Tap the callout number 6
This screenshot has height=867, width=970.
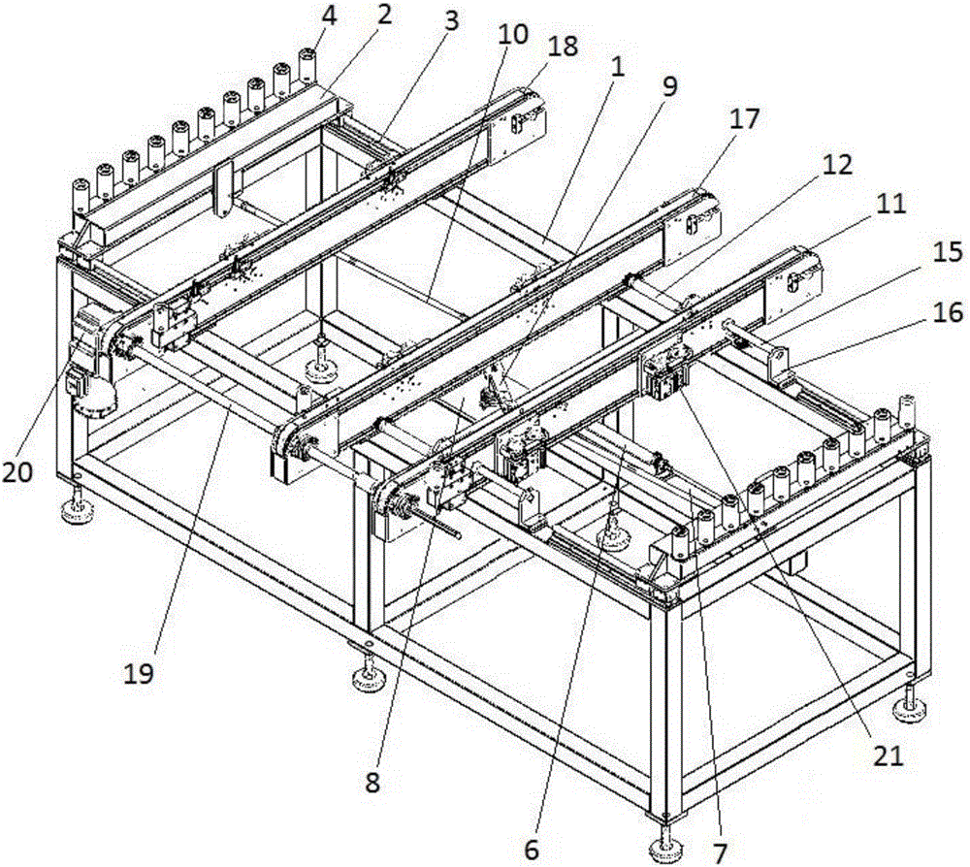pyautogui.click(x=531, y=848)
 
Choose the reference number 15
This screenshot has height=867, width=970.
pyautogui.click(x=948, y=253)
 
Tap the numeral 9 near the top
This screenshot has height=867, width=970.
pyautogui.click(x=666, y=85)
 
